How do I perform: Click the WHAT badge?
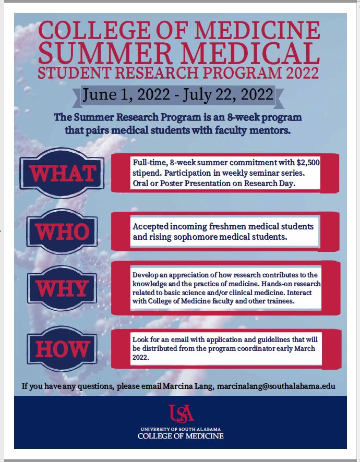[62, 173]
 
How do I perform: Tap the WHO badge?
[62, 232]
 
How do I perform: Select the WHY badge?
[62, 288]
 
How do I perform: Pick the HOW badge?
[62, 349]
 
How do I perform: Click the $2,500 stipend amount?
[308, 163]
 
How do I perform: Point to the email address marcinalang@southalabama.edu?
[276, 386]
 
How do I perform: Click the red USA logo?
[181, 414]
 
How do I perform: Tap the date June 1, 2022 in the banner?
[126, 94]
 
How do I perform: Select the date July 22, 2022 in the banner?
[228, 94]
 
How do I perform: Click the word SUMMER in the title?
[105, 53]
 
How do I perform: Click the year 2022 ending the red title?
[302, 73]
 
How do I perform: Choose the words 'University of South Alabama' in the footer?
[181, 429]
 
